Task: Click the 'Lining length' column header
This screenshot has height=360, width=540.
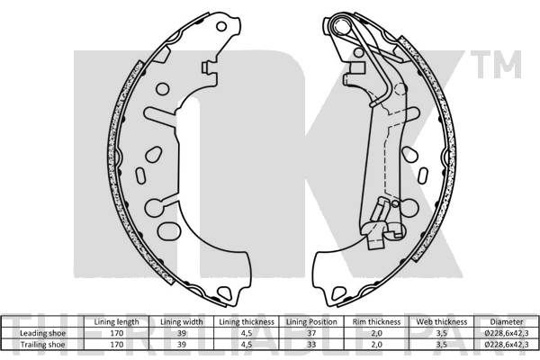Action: click(x=116, y=322)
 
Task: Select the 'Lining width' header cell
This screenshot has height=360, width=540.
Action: click(x=182, y=322)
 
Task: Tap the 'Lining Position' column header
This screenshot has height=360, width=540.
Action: click(x=311, y=322)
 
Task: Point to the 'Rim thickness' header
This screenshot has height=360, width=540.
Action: click(x=376, y=322)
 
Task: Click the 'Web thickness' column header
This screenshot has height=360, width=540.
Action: click(x=442, y=322)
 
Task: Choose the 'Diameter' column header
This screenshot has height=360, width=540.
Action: click(x=506, y=322)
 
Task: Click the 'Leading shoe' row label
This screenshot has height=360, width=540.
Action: click(x=42, y=333)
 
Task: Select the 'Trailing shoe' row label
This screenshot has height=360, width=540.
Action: click(x=42, y=345)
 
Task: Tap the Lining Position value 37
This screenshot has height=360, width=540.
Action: click(x=311, y=333)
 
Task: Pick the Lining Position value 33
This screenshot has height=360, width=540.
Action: click(x=311, y=345)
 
